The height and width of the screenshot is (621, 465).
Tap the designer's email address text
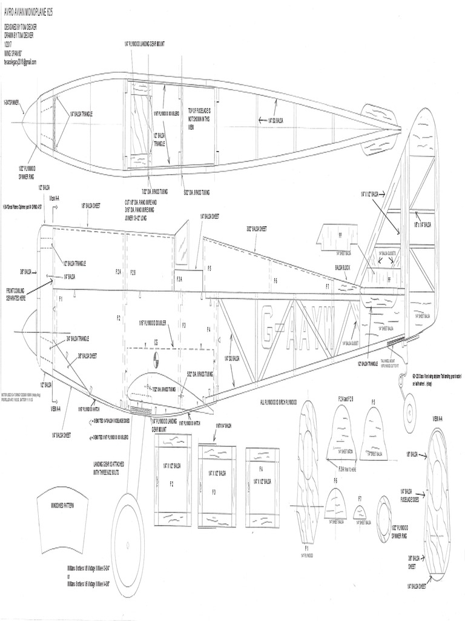tap(21, 62)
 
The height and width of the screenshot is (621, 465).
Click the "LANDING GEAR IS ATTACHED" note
tap(109, 469)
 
